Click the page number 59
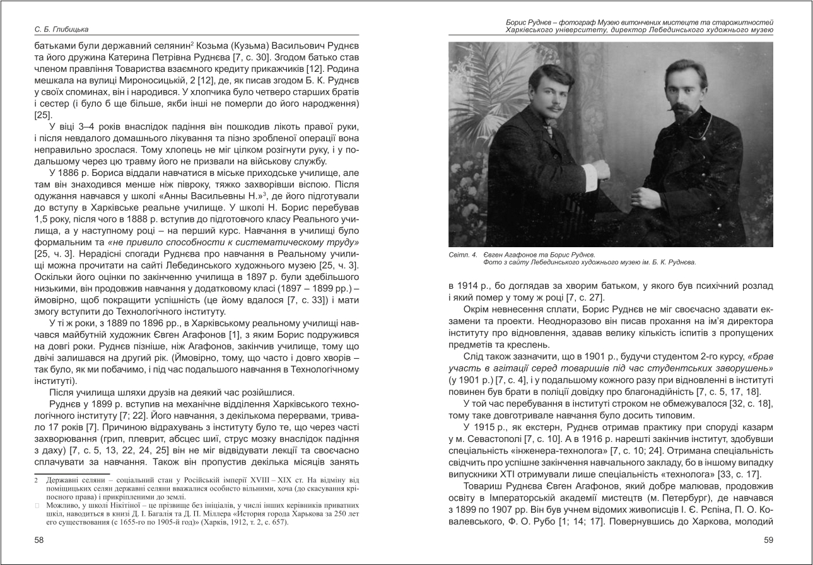[x=768, y=540]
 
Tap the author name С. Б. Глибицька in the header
[x=62, y=29]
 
